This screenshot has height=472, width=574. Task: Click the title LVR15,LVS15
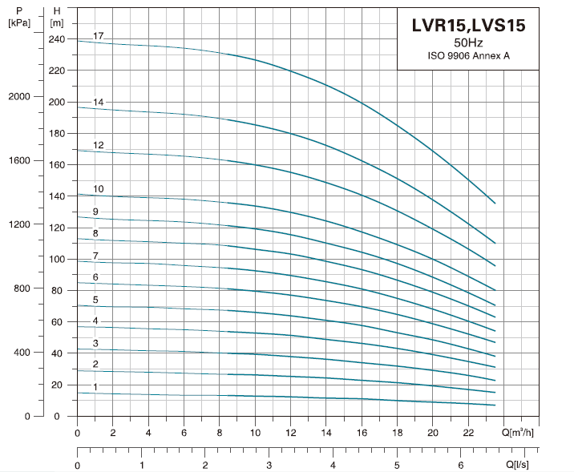468,26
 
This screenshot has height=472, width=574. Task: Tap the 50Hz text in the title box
468,42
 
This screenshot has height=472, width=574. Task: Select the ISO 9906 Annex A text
468,55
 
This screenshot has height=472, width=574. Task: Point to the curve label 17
99,37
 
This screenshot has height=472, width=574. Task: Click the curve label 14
99,103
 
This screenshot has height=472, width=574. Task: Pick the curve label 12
99,146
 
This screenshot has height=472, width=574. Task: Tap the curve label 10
99,189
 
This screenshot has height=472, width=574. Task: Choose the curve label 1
96,387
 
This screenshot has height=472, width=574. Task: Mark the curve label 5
96,300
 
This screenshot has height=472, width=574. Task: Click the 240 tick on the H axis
56,39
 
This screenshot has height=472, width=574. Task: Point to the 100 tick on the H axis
56,259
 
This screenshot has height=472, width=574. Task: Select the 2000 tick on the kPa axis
19,96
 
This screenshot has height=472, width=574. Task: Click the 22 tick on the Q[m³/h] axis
468,433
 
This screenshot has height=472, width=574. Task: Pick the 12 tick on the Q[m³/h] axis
290,433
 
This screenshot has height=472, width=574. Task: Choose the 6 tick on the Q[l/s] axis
460,465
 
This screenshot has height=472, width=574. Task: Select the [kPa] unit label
18,22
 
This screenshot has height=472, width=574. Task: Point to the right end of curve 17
495,204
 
